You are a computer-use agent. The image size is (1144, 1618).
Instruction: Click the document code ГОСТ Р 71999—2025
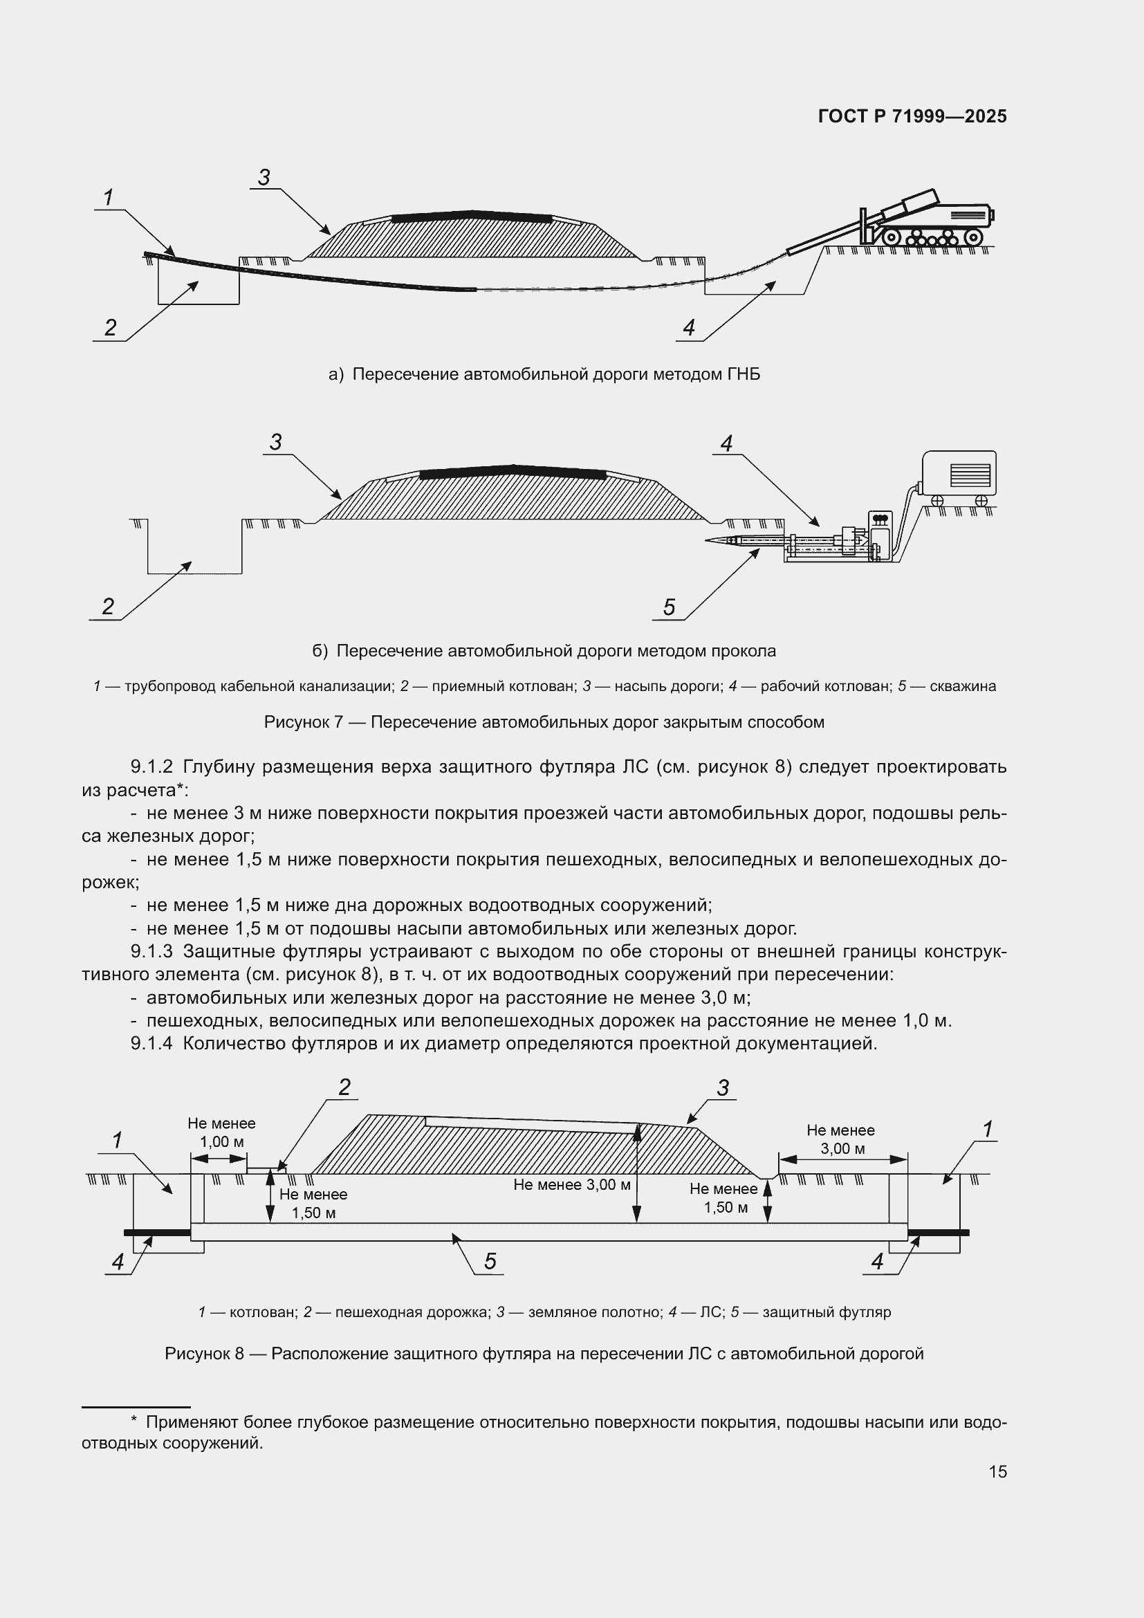pos(912,116)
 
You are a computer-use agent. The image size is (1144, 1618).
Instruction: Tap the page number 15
pos(997,1471)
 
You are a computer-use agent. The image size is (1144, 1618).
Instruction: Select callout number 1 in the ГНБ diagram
pos(109,198)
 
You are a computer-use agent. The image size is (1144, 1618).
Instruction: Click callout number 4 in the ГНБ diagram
pos(688,328)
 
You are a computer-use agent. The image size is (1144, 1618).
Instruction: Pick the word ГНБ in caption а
pos(743,374)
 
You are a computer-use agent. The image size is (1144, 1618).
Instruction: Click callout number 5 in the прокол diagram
pos(669,607)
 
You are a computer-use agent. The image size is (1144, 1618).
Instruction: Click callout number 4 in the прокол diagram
pos(726,443)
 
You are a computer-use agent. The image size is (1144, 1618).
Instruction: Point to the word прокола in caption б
pos(745,650)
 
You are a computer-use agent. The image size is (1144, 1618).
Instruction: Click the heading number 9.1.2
pos(151,766)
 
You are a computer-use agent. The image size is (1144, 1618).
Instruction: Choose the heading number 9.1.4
pos(151,1044)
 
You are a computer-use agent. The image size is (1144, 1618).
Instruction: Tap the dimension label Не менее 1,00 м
pos(221,1132)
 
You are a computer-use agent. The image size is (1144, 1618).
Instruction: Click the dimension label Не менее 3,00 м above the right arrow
pos(840,1139)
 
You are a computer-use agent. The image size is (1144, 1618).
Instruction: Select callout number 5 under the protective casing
pos(490,1261)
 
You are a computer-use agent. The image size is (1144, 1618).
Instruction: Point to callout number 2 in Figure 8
pos(344,1087)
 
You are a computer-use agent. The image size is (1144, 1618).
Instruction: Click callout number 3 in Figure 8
pos(723,1088)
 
